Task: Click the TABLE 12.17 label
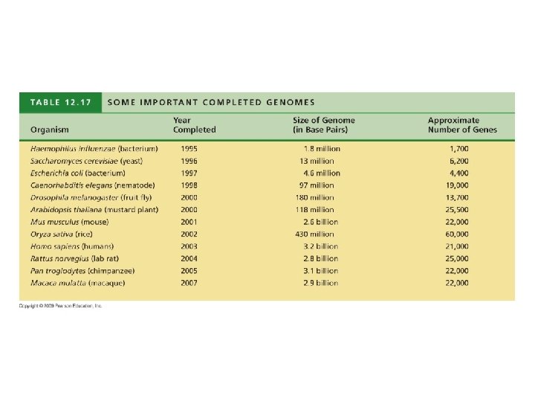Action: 61,102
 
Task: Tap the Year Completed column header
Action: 195,125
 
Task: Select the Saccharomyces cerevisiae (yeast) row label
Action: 86,161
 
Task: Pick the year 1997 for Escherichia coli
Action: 189,173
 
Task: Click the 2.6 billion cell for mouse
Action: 320,222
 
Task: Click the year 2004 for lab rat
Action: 189,258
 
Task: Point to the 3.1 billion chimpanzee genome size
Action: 320,270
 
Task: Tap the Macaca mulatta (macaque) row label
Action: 78,283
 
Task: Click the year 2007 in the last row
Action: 189,283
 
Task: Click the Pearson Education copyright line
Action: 61,306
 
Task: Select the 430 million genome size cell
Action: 318,234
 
